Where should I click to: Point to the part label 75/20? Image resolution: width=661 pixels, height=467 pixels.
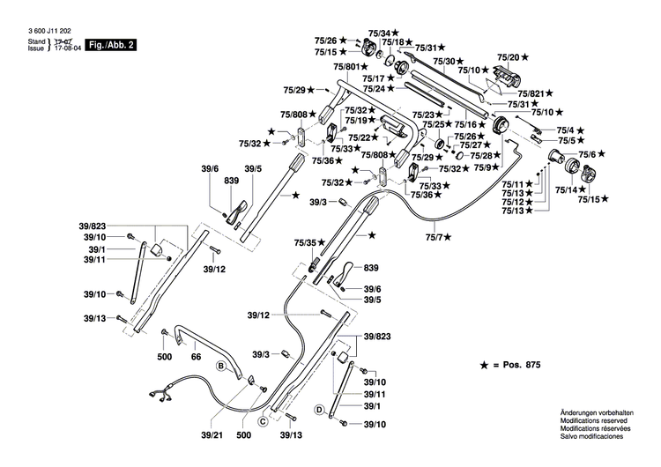(x=507, y=55)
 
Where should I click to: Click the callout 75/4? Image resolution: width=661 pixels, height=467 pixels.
(x=565, y=130)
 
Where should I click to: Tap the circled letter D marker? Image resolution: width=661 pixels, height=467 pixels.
(x=319, y=410)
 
